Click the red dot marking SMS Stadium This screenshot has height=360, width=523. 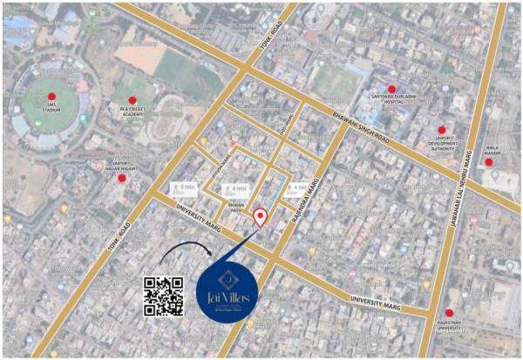51,97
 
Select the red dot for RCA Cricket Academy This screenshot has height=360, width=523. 132,100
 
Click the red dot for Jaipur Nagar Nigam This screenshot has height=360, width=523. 122,178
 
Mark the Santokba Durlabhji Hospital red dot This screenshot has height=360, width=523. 392,89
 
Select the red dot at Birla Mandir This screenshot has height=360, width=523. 489,161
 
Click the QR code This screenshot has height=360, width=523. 163,296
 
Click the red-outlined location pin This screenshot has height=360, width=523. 260,217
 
